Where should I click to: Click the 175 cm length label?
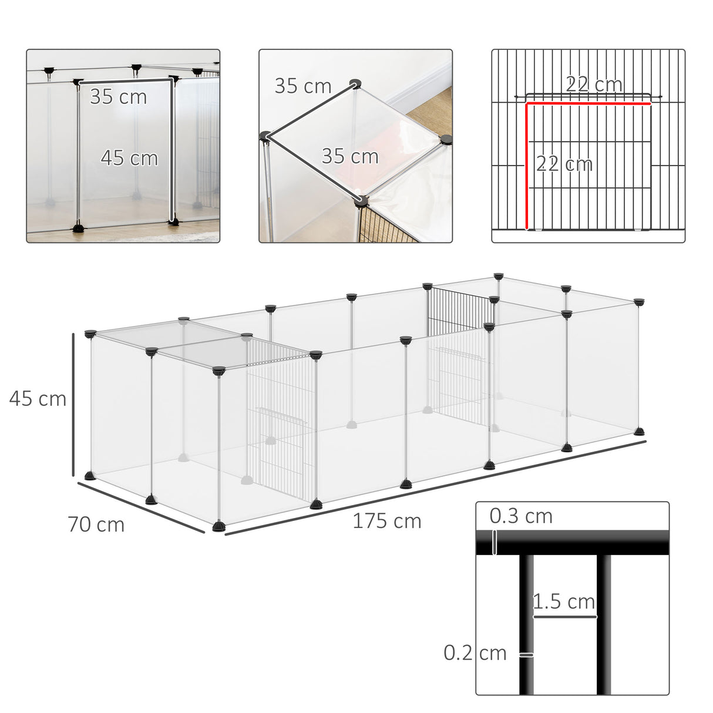coord(386,521)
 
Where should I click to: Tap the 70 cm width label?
coord(96,524)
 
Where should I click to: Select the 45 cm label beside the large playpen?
coord(38,399)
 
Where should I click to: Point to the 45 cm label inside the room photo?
coord(129,158)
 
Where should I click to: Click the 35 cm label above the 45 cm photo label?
coord(118,97)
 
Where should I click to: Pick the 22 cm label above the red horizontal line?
coord(594,84)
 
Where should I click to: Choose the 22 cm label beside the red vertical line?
coord(564,163)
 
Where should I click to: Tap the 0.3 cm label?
coord(521,516)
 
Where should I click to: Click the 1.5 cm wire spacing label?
coord(564,601)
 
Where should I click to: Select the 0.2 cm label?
coord(475,653)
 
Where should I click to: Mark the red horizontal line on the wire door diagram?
coord(588,104)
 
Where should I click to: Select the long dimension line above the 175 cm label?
coord(435,488)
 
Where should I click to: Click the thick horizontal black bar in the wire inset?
coord(572,543)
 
